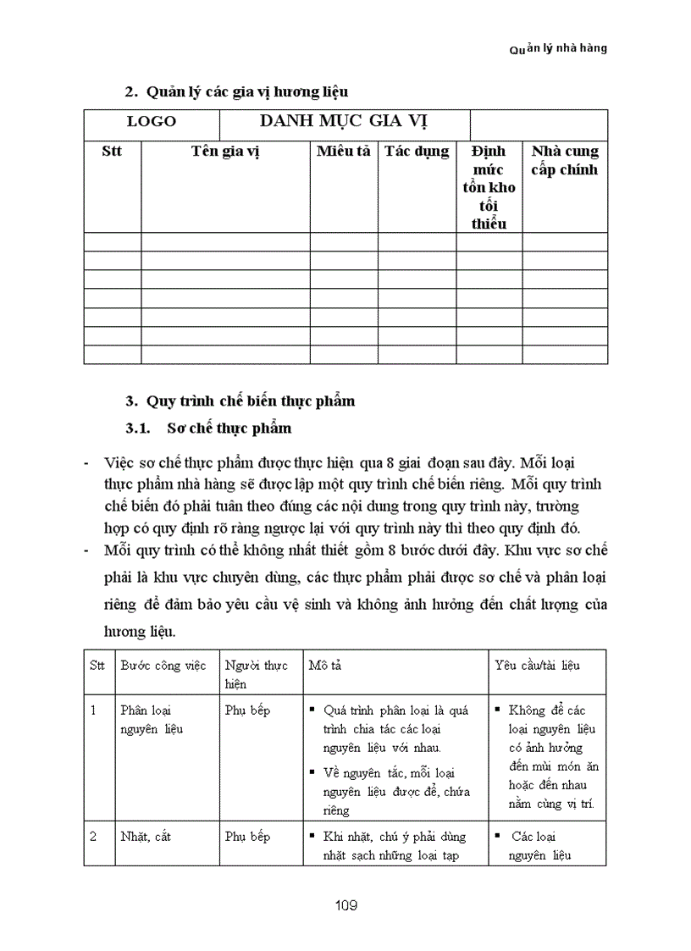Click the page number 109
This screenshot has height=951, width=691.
(345, 905)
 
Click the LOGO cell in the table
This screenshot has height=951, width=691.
(152, 121)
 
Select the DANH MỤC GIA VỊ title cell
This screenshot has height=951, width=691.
(343, 120)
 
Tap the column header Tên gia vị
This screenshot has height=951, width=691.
(224, 152)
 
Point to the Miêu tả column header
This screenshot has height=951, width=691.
(344, 152)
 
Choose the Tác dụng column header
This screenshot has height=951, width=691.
(417, 152)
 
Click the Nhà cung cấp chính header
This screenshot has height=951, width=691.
(565, 160)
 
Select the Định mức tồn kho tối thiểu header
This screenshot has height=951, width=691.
(489, 187)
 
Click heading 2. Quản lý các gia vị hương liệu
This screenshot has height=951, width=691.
(236, 91)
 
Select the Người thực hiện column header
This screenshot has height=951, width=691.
(256, 674)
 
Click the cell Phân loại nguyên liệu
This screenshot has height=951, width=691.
(152, 719)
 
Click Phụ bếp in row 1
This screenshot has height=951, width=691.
(247, 710)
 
